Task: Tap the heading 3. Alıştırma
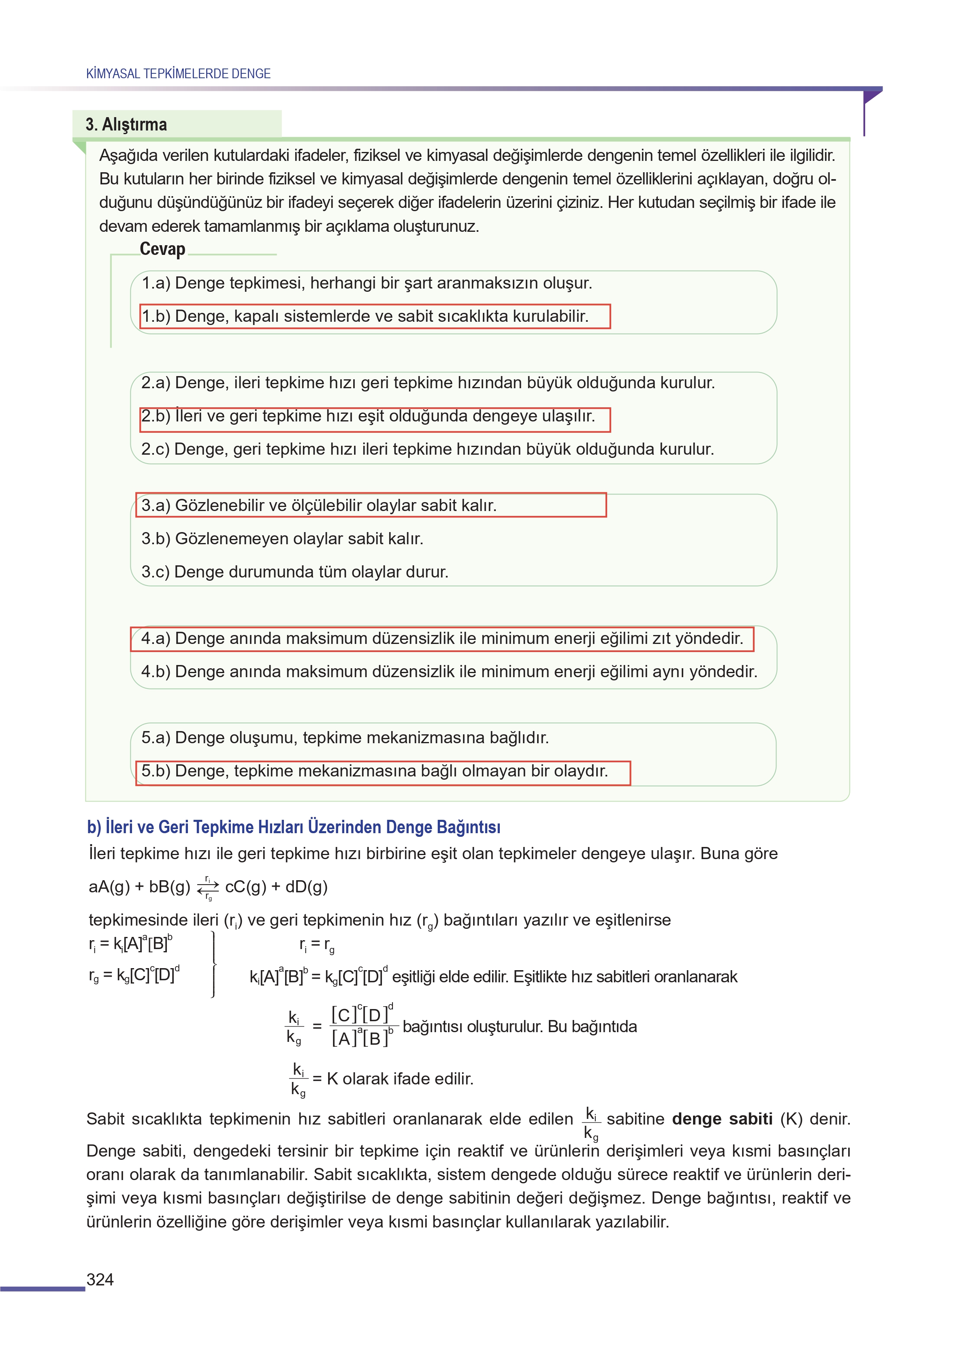[126, 124]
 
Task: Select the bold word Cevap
[162, 249]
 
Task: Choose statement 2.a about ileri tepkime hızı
[428, 383]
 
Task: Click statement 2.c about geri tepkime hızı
[427, 449]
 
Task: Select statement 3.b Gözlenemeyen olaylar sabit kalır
[282, 539]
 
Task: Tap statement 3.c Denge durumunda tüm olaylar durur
[294, 572]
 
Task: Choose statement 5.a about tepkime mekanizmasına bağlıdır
[345, 738]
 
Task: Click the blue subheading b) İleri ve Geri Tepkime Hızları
[293, 827]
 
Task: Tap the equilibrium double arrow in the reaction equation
[208, 887]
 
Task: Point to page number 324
[100, 1279]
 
